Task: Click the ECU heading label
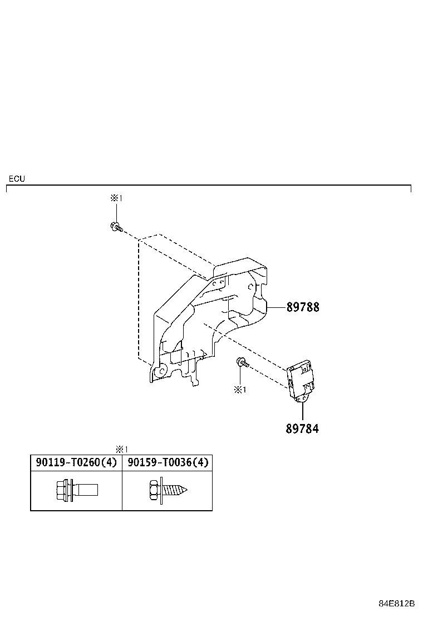pos(17,179)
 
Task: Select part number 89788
pos(303,307)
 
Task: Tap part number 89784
pos(303,428)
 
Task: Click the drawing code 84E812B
pos(397,604)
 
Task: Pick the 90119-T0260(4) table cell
pos(76,462)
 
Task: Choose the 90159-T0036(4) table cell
pos(168,462)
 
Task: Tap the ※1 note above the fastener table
pos(122,449)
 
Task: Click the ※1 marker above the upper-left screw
pos(116,198)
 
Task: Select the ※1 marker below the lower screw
pos(240,390)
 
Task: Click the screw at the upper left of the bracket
pos(116,226)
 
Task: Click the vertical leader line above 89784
pos(302,410)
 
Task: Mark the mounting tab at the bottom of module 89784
pos(303,398)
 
